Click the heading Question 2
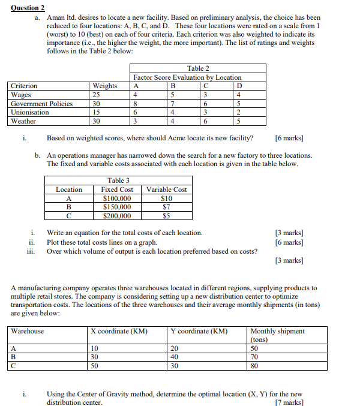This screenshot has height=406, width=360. (28, 7)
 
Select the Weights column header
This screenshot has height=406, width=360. (105, 86)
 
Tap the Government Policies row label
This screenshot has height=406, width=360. (42, 104)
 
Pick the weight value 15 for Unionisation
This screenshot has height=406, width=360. (96, 112)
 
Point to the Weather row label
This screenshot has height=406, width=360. (23, 121)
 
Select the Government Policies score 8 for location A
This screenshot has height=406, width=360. (136, 104)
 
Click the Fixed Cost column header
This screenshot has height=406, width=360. (117, 190)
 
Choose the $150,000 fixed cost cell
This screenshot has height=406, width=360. (117, 207)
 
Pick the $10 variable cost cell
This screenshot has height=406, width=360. (167, 199)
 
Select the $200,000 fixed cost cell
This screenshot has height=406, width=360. (117, 216)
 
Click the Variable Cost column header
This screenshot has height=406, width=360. (167, 190)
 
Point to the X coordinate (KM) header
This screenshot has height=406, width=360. (119, 331)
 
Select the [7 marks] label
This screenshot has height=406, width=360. (289, 402)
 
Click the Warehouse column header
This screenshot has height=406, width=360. (28, 331)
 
